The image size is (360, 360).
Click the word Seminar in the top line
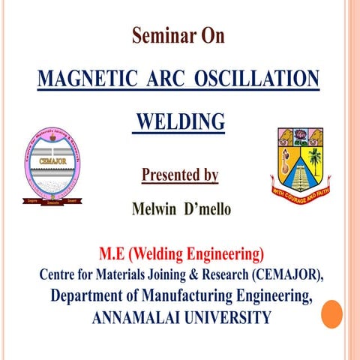160,36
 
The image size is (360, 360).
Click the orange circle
331,313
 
